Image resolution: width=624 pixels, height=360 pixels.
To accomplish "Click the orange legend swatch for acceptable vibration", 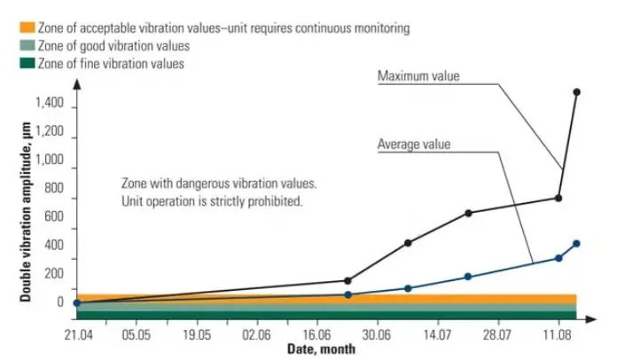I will [12, 28].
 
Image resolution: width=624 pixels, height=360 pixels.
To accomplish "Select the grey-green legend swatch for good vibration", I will [12, 46].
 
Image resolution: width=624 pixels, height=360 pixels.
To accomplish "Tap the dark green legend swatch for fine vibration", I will [12, 64].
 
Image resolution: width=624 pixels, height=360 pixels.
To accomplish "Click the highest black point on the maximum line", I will [577, 92].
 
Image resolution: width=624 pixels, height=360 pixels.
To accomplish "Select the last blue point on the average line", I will [577, 244].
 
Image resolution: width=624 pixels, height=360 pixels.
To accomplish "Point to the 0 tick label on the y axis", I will [60, 302].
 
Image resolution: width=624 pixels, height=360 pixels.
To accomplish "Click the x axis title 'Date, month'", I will [321, 348].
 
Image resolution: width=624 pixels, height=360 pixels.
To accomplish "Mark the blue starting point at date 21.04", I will [76, 303].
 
